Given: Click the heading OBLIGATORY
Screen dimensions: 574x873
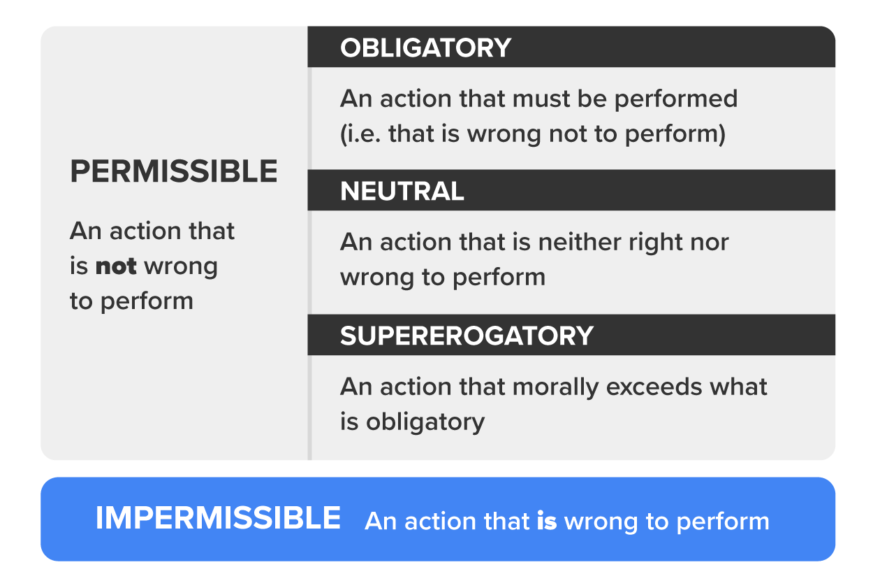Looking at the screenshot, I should tap(425, 48).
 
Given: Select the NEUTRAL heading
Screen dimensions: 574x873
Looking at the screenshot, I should tap(402, 192).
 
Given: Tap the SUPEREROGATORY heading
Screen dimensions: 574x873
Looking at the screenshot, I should tap(467, 336).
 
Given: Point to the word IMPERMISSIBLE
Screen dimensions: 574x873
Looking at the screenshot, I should tap(218, 519).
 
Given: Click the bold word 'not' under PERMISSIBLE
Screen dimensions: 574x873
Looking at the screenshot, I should tap(115, 266).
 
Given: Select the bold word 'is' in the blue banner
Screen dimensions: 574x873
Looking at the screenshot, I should tap(546, 522).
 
